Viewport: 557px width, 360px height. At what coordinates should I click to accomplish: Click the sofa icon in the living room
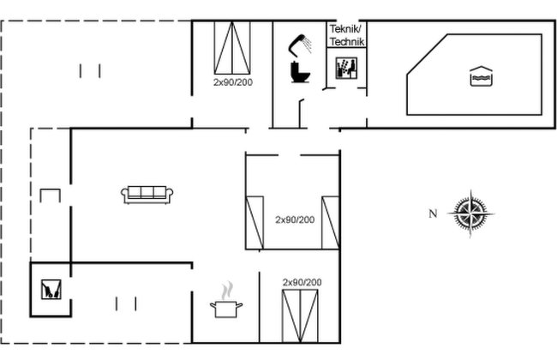click(x=147, y=195)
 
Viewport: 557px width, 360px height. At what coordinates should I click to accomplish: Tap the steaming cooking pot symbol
click(x=226, y=300)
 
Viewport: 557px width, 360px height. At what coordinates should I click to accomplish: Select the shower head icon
click(x=300, y=45)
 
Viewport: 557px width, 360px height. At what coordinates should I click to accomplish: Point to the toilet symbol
click(x=300, y=72)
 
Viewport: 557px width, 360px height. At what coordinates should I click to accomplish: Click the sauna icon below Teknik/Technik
click(x=346, y=68)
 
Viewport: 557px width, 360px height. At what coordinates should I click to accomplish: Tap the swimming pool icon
click(x=481, y=76)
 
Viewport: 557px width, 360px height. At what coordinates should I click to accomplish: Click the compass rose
click(x=470, y=213)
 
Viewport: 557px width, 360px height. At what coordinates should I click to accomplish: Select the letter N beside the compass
click(x=433, y=213)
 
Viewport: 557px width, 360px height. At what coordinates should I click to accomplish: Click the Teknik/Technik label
click(x=347, y=35)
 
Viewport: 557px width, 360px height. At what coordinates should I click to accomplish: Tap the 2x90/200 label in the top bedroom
click(x=233, y=82)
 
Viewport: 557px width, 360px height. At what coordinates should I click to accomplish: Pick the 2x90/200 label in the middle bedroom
click(x=295, y=219)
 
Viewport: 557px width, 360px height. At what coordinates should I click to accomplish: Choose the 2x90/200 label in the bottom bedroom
click(x=302, y=282)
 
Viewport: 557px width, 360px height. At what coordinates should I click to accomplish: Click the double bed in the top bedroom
click(x=232, y=48)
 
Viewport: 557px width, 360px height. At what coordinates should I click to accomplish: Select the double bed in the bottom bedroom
click(x=300, y=316)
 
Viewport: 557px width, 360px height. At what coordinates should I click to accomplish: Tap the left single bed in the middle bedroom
click(x=255, y=223)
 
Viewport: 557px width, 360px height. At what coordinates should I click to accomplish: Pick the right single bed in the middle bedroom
click(x=331, y=223)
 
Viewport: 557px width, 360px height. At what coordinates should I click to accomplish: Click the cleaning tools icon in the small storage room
click(x=51, y=289)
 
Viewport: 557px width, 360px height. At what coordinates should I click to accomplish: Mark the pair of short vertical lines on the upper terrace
click(x=90, y=71)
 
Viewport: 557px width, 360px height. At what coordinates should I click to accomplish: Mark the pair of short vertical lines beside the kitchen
click(x=126, y=303)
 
